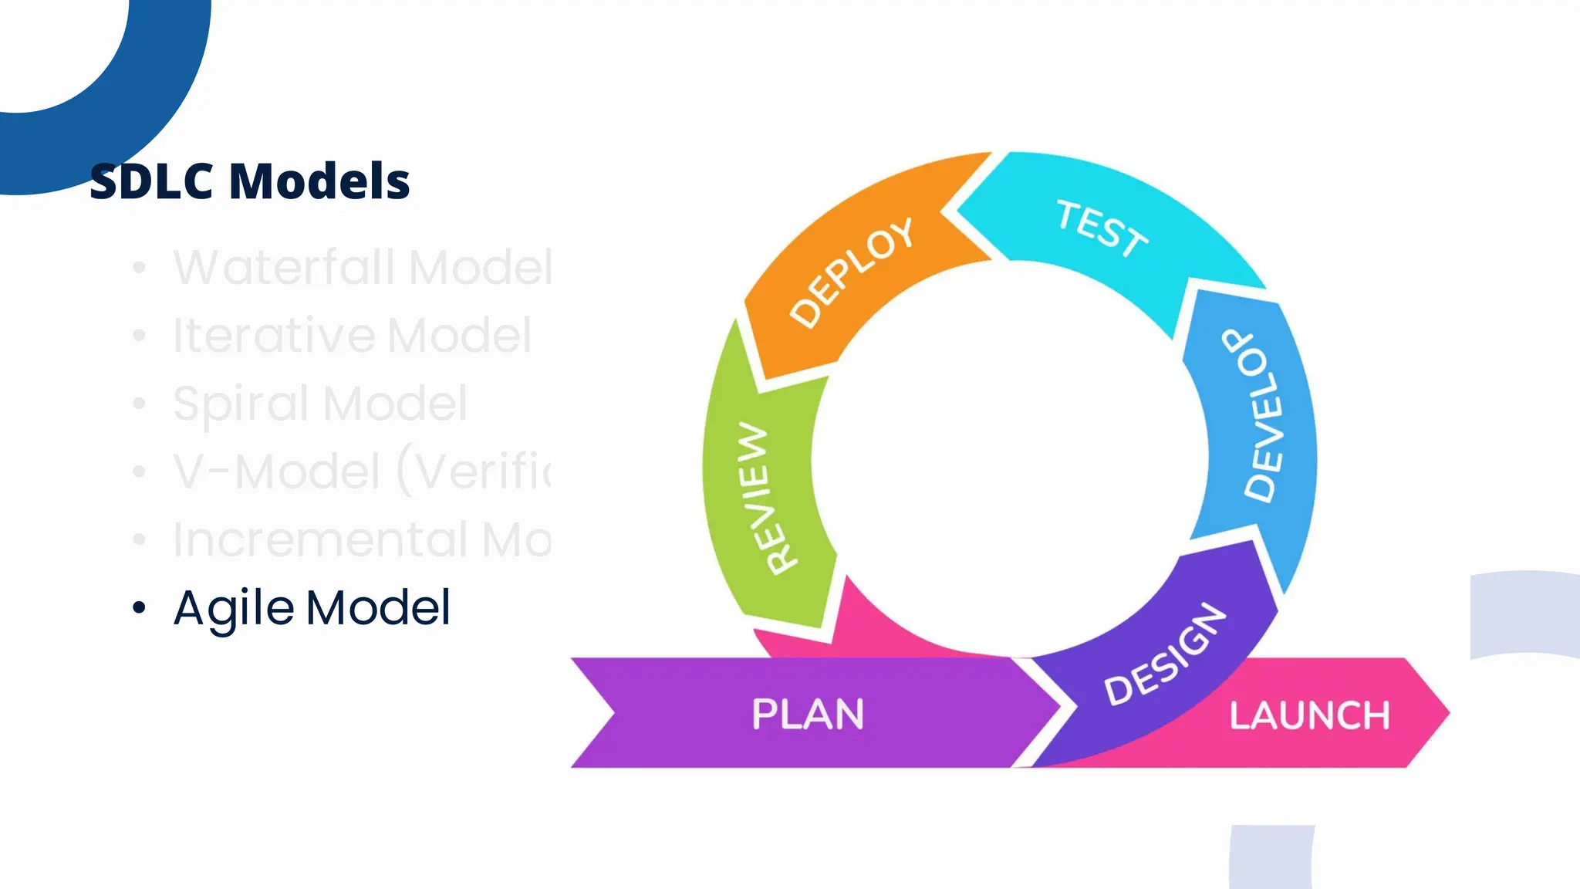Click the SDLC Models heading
tap(249, 181)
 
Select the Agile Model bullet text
tap(312, 608)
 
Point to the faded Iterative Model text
tap(352, 336)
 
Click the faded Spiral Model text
tap(319, 404)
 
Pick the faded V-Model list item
tap(361, 472)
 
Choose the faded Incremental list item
tap(361, 539)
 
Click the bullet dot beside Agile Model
tap(139, 607)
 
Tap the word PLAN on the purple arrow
tap(808, 714)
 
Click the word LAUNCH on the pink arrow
tap(1309, 715)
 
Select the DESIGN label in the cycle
tap(1165, 654)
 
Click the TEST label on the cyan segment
tap(1101, 228)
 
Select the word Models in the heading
tap(319, 181)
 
